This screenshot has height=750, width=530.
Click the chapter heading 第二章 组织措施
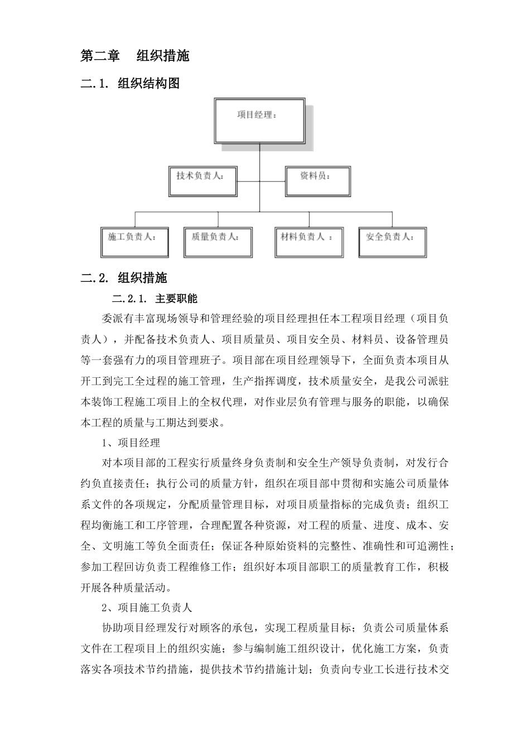(x=135, y=56)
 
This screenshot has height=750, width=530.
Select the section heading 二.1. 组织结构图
(x=130, y=84)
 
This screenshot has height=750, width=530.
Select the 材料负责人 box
(x=309, y=241)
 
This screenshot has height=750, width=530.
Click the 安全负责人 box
(x=392, y=241)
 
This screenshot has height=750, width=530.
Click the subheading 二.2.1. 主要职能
(x=155, y=299)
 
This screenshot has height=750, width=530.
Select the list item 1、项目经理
(x=131, y=443)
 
